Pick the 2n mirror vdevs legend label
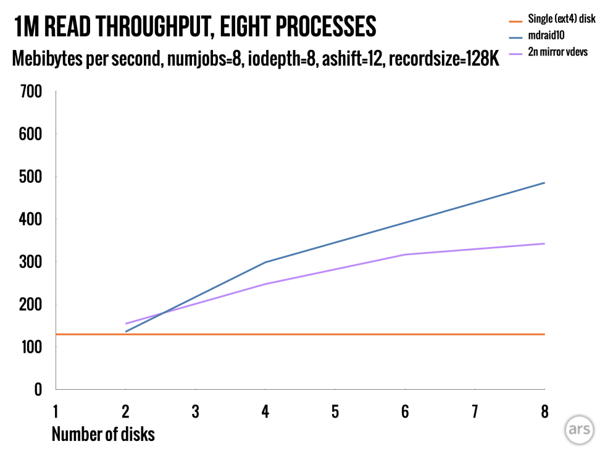(558, 53)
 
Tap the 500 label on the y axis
(31, 177)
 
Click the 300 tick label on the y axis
(31, 262)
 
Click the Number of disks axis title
(103, 434)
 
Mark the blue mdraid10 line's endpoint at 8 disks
(544, 183)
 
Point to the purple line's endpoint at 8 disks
(544, 243)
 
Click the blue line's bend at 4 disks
(265, 263)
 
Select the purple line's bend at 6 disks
(405, 254)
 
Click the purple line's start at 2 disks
(126, 324)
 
